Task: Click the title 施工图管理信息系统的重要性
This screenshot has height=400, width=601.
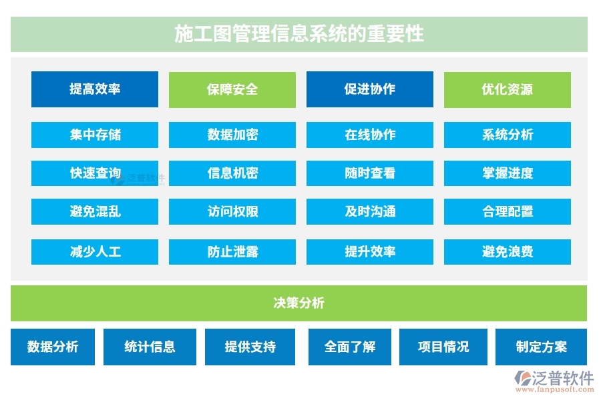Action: tap(298, 34)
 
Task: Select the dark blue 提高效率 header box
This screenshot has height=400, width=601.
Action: tap(95, 89)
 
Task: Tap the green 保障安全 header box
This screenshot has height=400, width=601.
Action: tap(232, 89)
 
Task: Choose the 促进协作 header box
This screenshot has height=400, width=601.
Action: tap(369, 89)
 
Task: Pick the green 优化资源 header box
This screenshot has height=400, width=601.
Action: tap(507, 89)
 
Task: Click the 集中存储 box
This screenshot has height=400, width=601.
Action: tap(95, 135)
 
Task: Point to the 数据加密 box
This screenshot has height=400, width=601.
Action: tap(232, 135)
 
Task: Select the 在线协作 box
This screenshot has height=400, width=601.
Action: tap(369, 135)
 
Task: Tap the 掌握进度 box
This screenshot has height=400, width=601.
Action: tap(507, 173)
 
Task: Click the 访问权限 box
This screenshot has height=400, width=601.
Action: tap(232, 212)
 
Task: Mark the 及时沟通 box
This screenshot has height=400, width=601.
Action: tap(369, 212)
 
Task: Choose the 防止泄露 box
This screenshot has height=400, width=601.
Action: tap(232, 252)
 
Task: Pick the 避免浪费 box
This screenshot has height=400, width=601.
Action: tap(507, 252)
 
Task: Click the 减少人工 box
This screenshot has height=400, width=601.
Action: tap(95, 252)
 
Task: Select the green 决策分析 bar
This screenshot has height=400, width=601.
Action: tap(298, 303)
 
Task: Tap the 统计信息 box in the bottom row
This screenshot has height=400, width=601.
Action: tap(150, 347)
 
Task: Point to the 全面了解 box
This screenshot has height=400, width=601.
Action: tap(349, 347)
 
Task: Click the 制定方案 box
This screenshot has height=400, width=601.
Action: tap(541, 347)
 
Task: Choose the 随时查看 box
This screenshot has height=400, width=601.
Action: tap(369, 173)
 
